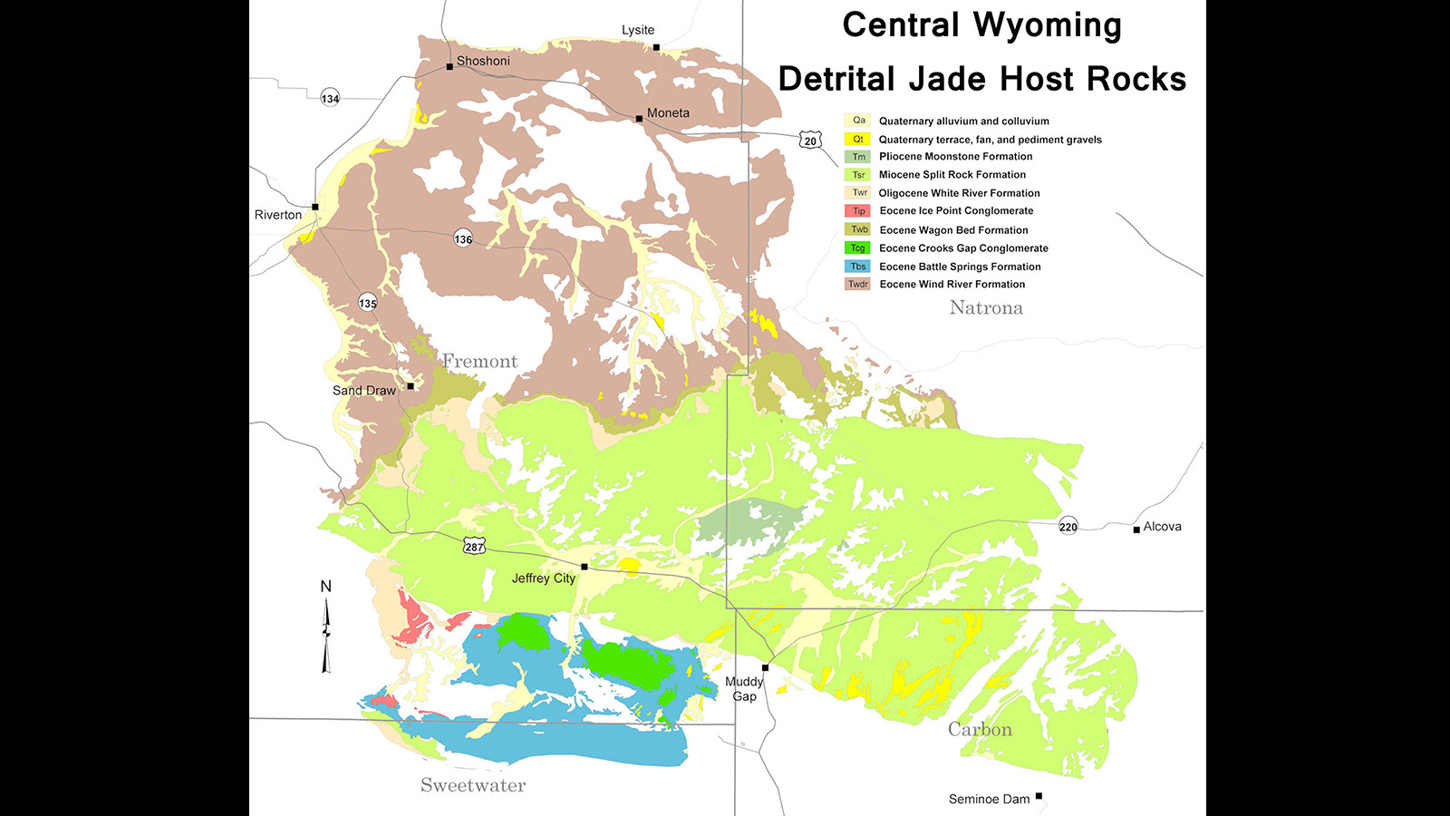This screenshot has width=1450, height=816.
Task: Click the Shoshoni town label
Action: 483,61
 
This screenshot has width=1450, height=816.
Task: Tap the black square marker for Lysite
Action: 656,47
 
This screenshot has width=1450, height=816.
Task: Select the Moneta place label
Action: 668,113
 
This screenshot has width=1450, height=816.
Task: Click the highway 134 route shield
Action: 330,98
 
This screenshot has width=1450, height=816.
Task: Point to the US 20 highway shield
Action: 810,141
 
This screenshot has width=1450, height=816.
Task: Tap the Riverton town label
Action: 278,215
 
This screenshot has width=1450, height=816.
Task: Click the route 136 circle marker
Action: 463,238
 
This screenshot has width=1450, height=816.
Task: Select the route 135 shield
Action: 367,303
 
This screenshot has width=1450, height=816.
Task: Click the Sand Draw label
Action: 364,391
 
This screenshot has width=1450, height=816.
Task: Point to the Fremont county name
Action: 479,362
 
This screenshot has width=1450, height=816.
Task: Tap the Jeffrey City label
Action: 543,578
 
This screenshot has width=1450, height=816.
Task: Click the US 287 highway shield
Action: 474,547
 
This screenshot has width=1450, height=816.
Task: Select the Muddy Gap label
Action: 744,689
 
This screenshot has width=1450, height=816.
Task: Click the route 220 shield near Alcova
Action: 1068,527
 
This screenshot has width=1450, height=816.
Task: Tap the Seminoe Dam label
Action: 989,799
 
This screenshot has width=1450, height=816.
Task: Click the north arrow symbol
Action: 326,635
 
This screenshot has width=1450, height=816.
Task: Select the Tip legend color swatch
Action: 858,211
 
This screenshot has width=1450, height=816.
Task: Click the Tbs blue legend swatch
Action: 858,267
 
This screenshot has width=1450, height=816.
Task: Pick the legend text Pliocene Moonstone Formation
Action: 955,157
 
